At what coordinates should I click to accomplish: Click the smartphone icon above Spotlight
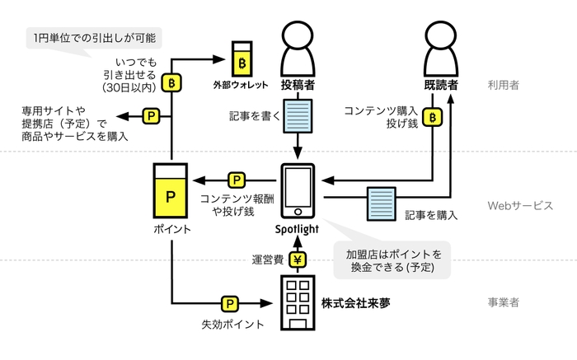(x=298, y=191)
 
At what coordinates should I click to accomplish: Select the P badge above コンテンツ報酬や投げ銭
(x=236, y=180)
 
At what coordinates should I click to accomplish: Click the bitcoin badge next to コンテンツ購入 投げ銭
(x=433, y=117)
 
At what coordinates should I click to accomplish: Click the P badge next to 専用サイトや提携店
(x=152, y=117)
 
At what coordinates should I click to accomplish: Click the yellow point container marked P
(x=171, y=190)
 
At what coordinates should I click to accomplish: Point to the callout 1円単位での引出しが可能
(x=95, y=37)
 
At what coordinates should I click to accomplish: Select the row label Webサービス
(x=518, y=206)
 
